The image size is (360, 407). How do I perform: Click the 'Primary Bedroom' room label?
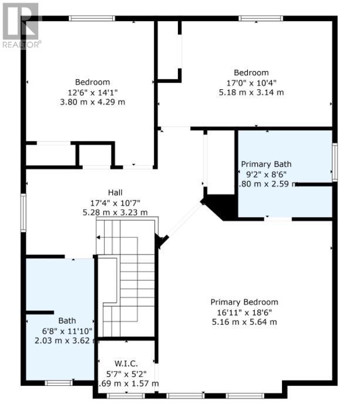pyautogui.click(x=244, y=302)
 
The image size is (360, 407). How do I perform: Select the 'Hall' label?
pyautogui.click(x=115, y=193)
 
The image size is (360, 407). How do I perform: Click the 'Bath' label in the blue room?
pyautogui.click(x=67, y=321)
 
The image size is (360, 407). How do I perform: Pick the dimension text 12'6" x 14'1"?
pyautogui.click(x=92, y=92)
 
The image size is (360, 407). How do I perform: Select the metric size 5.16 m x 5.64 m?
pyautogui.click(x=244, y=322)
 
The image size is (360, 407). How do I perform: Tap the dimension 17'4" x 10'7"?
pyautogui.click(x=115, y=203)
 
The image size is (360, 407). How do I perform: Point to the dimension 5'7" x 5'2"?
pyautogui.click(x=126, y=374)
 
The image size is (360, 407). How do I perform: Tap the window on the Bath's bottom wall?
pyautogui.click(x=59, y=383)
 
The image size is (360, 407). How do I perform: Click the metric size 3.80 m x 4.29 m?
pyautogui.click(x=92, y=102)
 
